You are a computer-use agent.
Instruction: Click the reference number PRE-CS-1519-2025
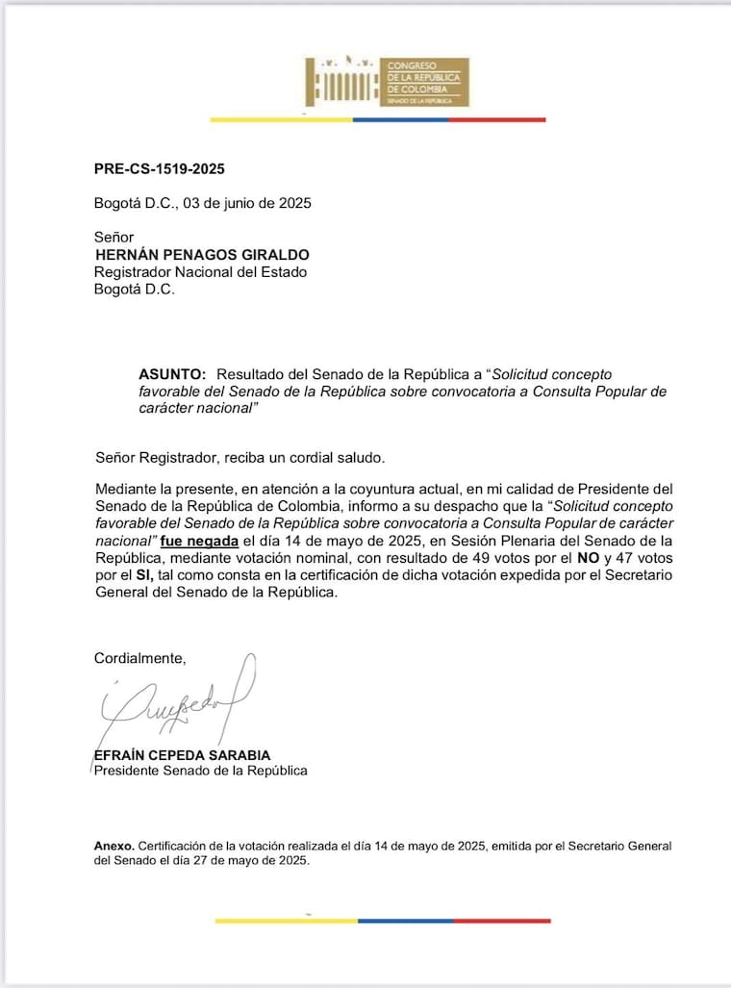point(159,169)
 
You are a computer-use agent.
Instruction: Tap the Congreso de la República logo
point(387,81)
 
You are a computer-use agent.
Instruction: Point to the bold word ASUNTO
point(172,373)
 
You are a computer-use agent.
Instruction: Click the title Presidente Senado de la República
point(200,771)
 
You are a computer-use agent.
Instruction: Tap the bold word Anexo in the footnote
point(113,845)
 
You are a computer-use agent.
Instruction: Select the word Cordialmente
point(139,658)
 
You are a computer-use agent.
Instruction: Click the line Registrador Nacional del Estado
point(199,272)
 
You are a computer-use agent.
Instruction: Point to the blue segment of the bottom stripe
point(404,921)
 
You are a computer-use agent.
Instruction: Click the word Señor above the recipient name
point(113,237)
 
